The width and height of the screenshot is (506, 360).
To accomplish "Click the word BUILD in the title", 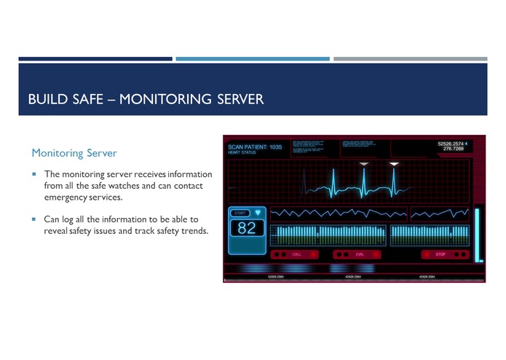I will pos(47,98).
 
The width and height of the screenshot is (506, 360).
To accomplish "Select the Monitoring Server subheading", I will pos(74,153).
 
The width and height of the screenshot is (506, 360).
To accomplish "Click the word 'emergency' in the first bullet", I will pos(66,197).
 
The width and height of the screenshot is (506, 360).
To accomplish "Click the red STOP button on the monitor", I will pos(440,254).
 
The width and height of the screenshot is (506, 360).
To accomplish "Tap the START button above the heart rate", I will pos(240,213).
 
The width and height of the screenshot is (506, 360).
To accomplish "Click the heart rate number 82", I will pos(247,228).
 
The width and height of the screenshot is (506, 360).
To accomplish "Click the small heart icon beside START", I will pos(257,213).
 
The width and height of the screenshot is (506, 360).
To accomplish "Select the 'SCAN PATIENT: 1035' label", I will pos(255,147).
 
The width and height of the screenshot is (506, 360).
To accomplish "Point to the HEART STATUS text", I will pos(242,153).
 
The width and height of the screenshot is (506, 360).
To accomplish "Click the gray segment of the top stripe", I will pos(410,58).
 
